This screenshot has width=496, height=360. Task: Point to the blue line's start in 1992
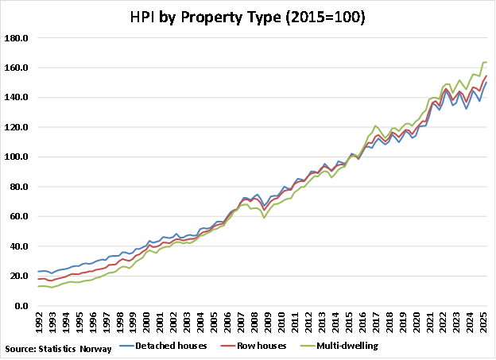coord(38,272)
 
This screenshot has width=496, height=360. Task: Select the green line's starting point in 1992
coord(38,286)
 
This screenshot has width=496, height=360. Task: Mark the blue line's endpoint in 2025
coord(486,83)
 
